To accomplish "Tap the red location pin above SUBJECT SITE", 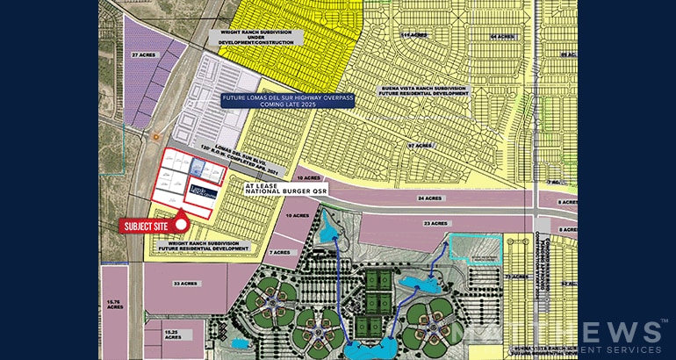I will (x=180, y=216).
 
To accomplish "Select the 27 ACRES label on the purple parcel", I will (x=142, y=54).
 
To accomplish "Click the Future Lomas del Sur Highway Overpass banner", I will (x=287, y=100).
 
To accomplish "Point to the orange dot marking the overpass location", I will (x=155, y=137).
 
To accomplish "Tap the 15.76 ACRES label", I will (x=113, y=303).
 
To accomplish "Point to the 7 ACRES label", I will (x=281, y=252).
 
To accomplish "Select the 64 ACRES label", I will (x=500, y=37).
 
